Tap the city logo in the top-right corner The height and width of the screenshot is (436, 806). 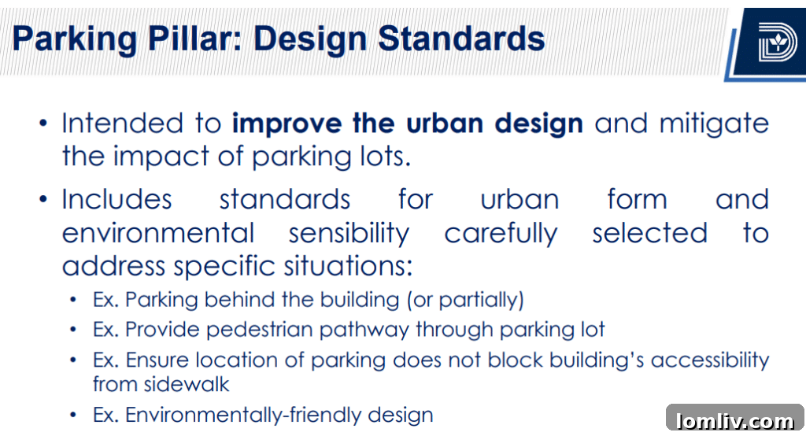(777, 41)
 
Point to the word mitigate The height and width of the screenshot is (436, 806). (714, 124)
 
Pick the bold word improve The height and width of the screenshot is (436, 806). (272, 124)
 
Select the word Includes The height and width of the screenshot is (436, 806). (116, 199)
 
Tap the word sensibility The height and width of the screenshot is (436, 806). (349, 233)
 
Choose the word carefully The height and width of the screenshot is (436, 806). (501, 233)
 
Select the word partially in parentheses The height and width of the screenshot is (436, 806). (480, 300)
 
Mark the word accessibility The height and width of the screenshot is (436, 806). (709, 360)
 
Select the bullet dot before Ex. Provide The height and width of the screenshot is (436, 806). (73, 330)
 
